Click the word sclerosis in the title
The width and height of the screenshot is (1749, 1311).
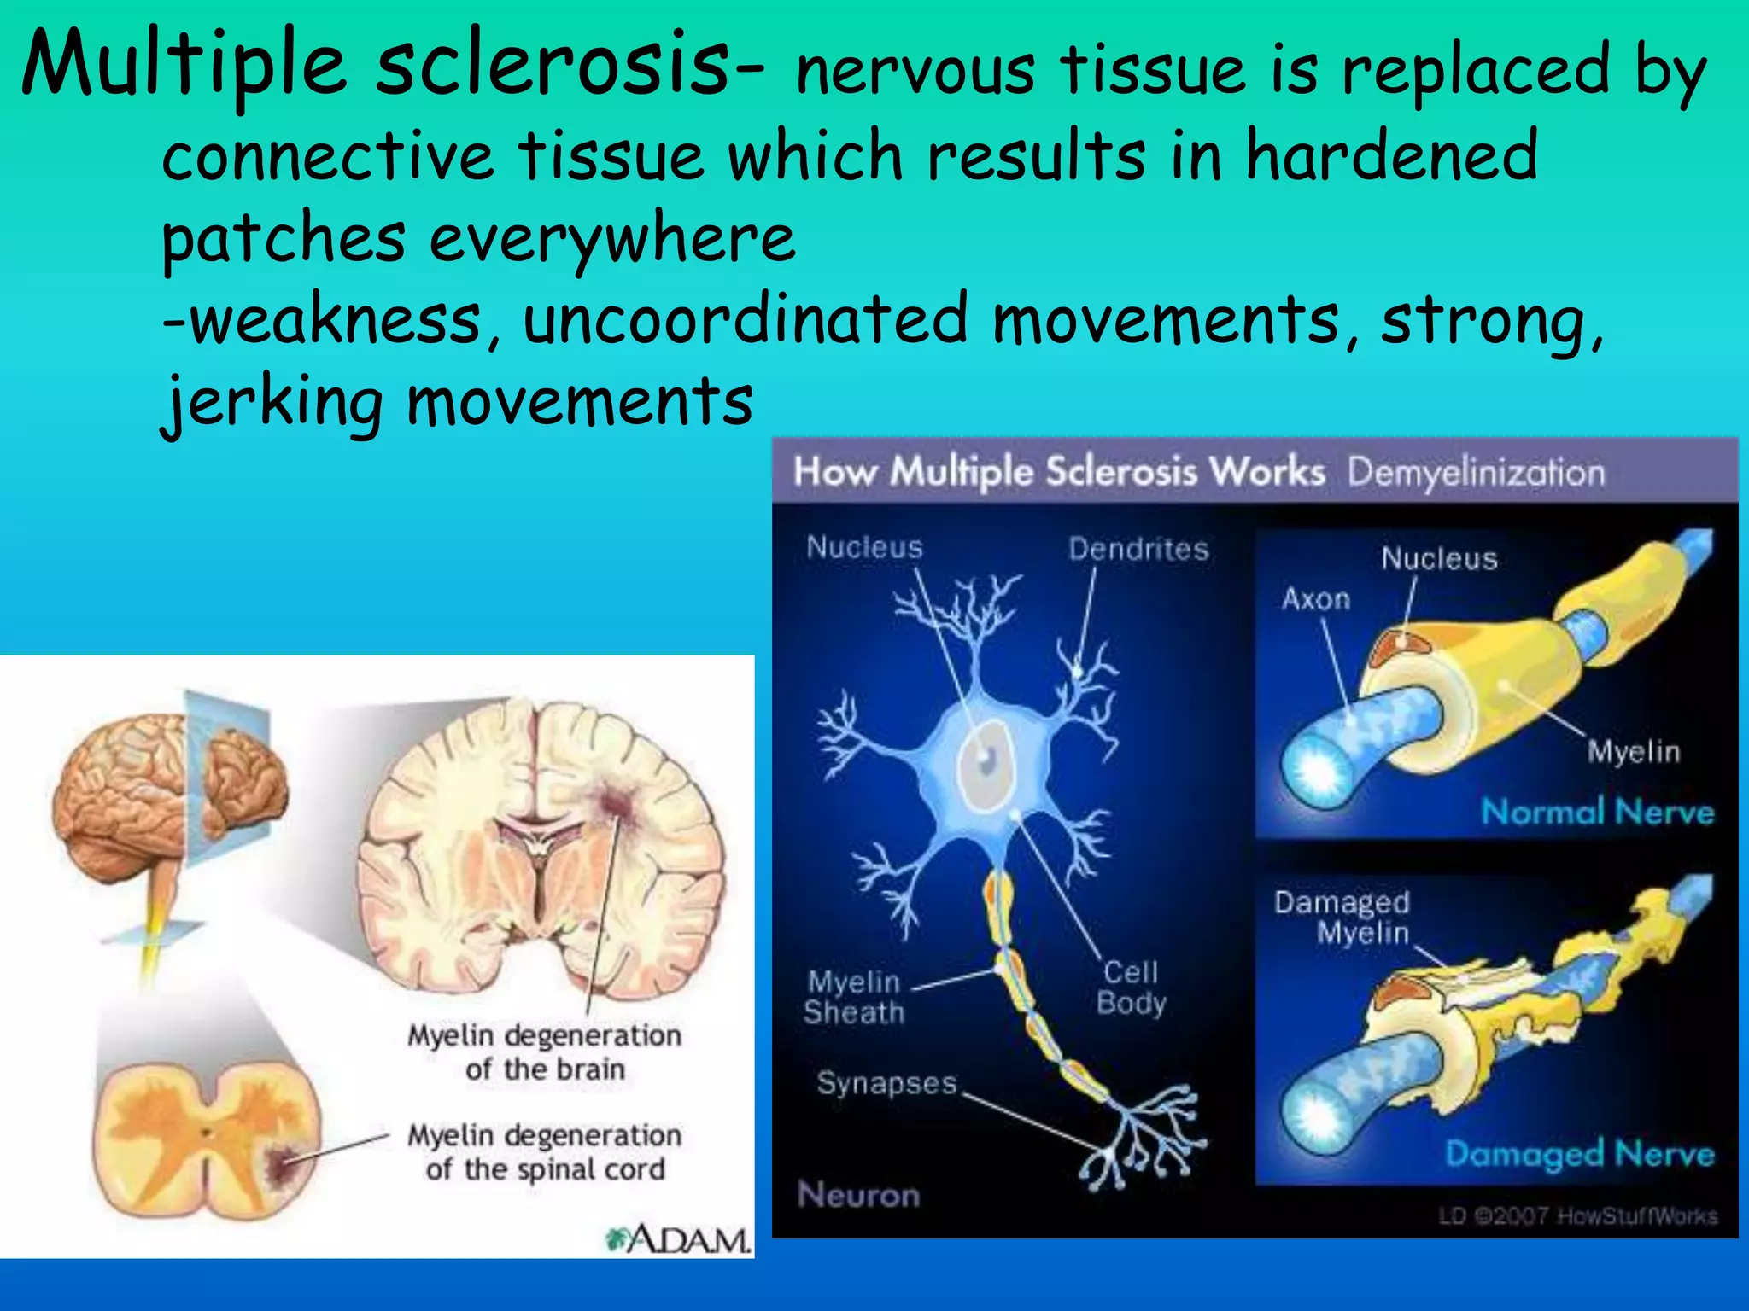tap(551, 64)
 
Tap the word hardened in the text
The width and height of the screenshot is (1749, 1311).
tap(1391, 156)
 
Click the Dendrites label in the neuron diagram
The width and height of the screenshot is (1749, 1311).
tap(1138, 549)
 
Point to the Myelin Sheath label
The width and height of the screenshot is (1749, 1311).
tap(853, 997)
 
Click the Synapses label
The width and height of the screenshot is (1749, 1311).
tap(886, 1083)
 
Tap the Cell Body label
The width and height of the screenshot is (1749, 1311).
tap(1131, 987)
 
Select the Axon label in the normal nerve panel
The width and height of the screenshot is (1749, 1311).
tap(1315, 599)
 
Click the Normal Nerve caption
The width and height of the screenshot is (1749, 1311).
tap(1597, 812)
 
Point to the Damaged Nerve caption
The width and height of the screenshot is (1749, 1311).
tap(1579, 1154)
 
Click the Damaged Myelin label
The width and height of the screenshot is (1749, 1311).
tap(1342, 918)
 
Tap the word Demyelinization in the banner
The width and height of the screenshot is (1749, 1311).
tap(1476, 473)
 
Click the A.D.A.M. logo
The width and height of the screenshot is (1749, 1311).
tap(679, 1238)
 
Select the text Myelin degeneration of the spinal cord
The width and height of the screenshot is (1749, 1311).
tap(545, 1152)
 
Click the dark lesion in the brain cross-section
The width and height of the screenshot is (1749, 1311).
tap(611, 802)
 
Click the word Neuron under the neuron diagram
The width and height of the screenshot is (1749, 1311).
tap(858, 1195)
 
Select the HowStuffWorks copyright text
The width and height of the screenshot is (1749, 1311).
tap(1577, 1215)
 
